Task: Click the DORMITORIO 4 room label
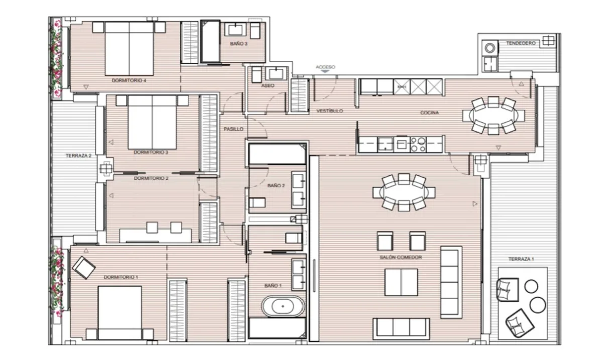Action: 129,80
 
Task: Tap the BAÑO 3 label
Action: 239,44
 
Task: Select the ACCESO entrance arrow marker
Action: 325,71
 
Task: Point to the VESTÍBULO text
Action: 330,111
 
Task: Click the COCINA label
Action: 429,113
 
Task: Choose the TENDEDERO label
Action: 521,43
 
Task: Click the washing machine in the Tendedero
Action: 490,48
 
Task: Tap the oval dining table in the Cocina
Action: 493,115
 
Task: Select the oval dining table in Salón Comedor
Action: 404,192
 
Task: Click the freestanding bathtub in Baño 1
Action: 283,306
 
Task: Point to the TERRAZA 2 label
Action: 78,156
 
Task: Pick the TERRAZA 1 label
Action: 521,259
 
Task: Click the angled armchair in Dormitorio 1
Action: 84,268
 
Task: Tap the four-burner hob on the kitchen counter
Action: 418,145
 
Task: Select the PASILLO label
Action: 233,129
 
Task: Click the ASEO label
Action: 268,86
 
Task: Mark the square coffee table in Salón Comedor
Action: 401,282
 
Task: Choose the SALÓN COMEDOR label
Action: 400,257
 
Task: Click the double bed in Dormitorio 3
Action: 152,122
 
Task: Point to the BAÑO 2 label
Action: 276,186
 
